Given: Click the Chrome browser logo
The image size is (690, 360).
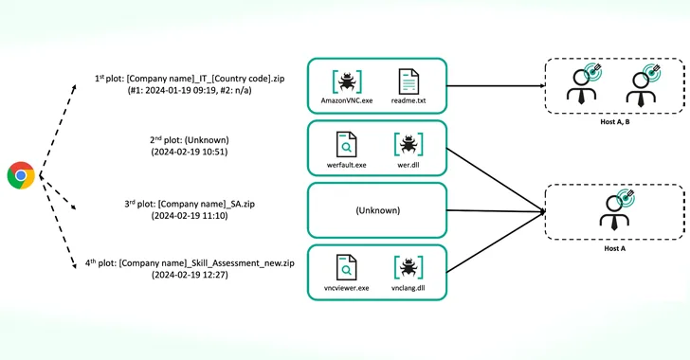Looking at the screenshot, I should tap(21, 175).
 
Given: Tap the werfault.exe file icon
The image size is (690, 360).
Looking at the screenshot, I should tap(346, 144).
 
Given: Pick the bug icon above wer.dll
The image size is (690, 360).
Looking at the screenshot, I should tap(409, 144).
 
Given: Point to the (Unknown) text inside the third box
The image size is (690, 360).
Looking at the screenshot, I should tap(376, 210).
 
